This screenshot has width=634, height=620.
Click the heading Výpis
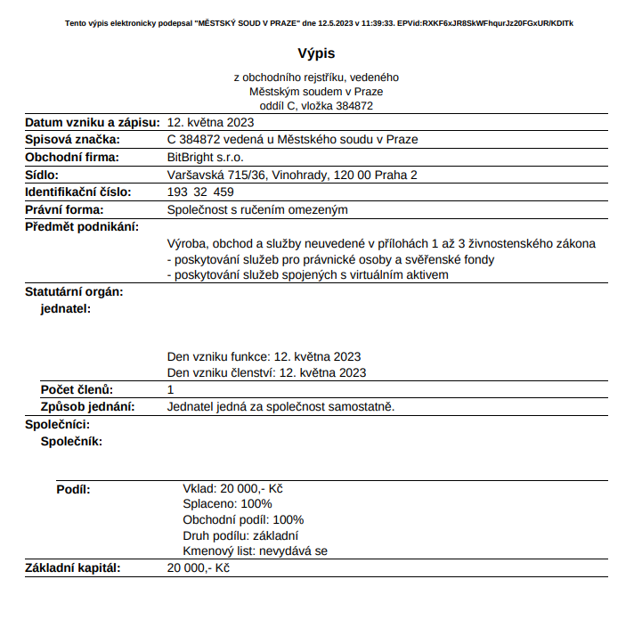coord(316,54)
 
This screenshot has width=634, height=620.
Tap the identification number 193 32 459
coord(200,192)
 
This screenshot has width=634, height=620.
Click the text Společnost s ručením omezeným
coord(257,210)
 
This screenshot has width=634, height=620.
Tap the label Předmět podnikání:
coord(82,227)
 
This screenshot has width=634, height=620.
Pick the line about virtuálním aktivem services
coord(308,274)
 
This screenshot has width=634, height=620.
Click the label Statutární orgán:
coord(74,291)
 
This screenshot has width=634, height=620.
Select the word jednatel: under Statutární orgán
coord(67,308)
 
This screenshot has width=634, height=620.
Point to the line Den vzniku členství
coord(266,373)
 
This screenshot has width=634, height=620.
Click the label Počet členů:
coord(77,390)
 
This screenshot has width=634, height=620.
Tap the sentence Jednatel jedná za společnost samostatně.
coord(280,407)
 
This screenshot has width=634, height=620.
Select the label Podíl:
coord(73,489)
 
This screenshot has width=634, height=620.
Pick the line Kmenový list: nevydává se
coord(255,551)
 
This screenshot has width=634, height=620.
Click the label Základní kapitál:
coord(72,568)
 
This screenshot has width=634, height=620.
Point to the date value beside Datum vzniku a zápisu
coord(211,122)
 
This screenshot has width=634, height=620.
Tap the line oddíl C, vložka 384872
coord(316,105)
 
